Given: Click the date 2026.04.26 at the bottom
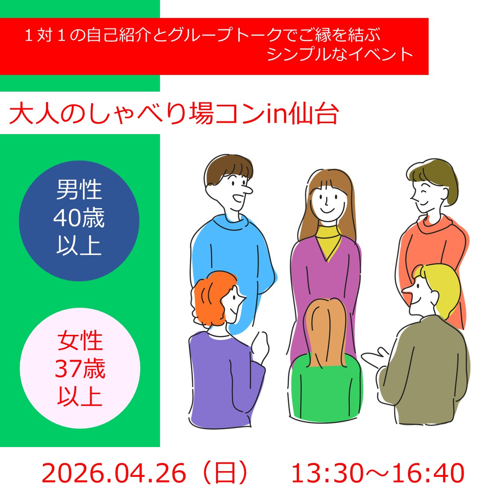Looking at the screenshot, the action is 114,473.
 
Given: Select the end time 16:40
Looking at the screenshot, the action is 428,473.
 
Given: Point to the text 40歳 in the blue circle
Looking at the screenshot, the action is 79,218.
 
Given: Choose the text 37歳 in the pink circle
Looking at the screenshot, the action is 80,369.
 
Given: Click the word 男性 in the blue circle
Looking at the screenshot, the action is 79,189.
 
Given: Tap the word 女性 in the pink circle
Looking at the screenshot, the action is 80,341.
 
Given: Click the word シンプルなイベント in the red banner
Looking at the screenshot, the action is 340,54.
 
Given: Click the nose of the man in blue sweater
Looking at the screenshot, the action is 247,189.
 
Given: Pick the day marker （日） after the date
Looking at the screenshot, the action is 225,473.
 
